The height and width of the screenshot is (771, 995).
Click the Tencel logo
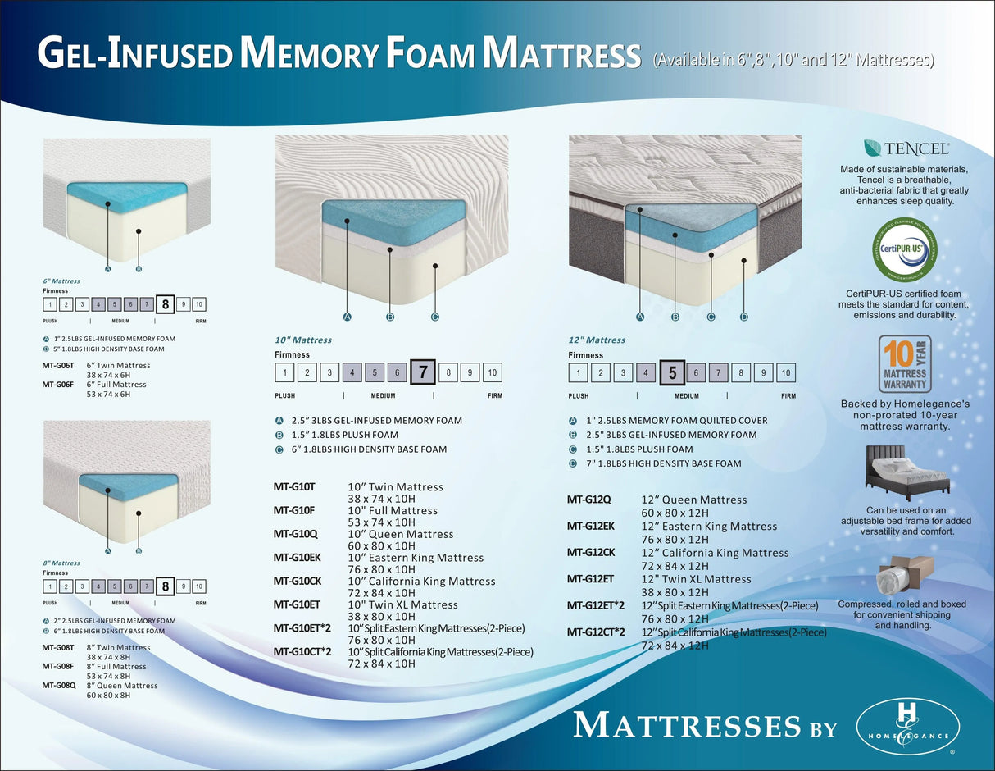coord(906,148)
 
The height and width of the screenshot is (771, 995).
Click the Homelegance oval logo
coord(907,727)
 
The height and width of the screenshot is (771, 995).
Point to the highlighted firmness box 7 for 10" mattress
coord(423,372)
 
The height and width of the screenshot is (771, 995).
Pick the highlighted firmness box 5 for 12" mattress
coord(672,373)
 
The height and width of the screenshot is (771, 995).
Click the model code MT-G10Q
coord(295,534)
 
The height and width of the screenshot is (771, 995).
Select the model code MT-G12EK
coord(591,526)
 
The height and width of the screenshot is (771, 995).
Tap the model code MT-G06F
coord(58,385)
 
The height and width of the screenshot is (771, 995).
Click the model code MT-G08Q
coord(59,686)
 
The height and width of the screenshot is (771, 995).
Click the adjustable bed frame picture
coord(906,473)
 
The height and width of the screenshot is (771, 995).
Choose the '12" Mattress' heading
coord(597,340)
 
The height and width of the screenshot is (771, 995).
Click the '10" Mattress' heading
coord(303,340)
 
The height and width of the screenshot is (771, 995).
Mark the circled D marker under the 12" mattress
coord(744,317)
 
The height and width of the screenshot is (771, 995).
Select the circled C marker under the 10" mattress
coord(435,317)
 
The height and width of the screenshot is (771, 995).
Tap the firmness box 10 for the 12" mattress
coord(786,373)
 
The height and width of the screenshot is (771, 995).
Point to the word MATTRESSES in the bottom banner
coord(687,726)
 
